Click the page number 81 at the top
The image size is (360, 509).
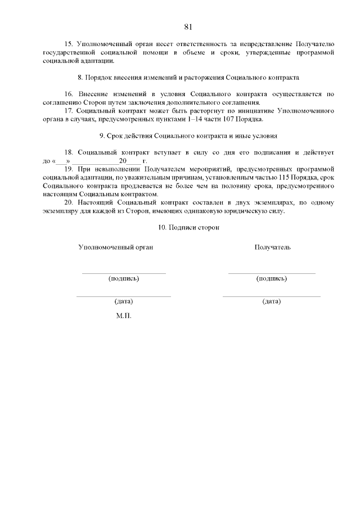click(x=188, y=26)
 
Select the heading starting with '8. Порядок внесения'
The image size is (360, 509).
click(x=188, y=76)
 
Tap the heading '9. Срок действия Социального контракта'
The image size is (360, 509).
click(x=188, y=136)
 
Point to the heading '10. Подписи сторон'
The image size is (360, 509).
click(x=188, y=228)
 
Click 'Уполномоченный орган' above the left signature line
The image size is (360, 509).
click(x=115, y=247)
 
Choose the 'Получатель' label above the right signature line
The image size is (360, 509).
click(x=272, y=247)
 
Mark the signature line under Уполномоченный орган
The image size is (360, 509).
click(x=124, y=273)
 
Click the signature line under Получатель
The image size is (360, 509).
click(x=272, y=273)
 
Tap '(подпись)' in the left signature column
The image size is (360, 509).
click(x=124, y=278)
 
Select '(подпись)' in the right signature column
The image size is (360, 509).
click(x=272, y=278)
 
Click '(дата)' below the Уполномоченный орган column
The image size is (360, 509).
click(x=124, y=301)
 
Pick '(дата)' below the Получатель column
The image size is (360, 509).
click(x=272, y=301)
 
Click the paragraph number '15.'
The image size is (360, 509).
click(x=70, y=43)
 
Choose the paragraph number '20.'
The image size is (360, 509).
click(x=70, y=203)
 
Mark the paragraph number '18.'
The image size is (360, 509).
click(x=70, y=153)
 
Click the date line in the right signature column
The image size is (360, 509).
click(x=272, y=296)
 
